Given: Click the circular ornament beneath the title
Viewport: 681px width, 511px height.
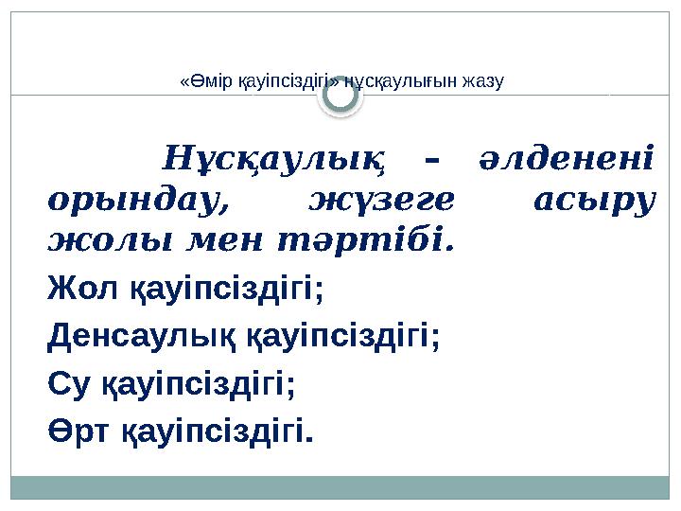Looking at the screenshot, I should pyautogui.click(x=340, y=97).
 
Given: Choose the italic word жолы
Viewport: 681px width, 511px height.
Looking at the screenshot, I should pyautogui.click(x=94, y=242).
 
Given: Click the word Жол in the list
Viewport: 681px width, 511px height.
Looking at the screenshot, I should pyautogui.click(x=75, y=287).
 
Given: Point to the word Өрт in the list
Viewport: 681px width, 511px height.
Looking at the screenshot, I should pyautogui.click(x=79, y=431).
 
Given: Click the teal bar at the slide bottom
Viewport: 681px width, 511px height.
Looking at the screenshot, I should pyautogui.click(x=340, y=487).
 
